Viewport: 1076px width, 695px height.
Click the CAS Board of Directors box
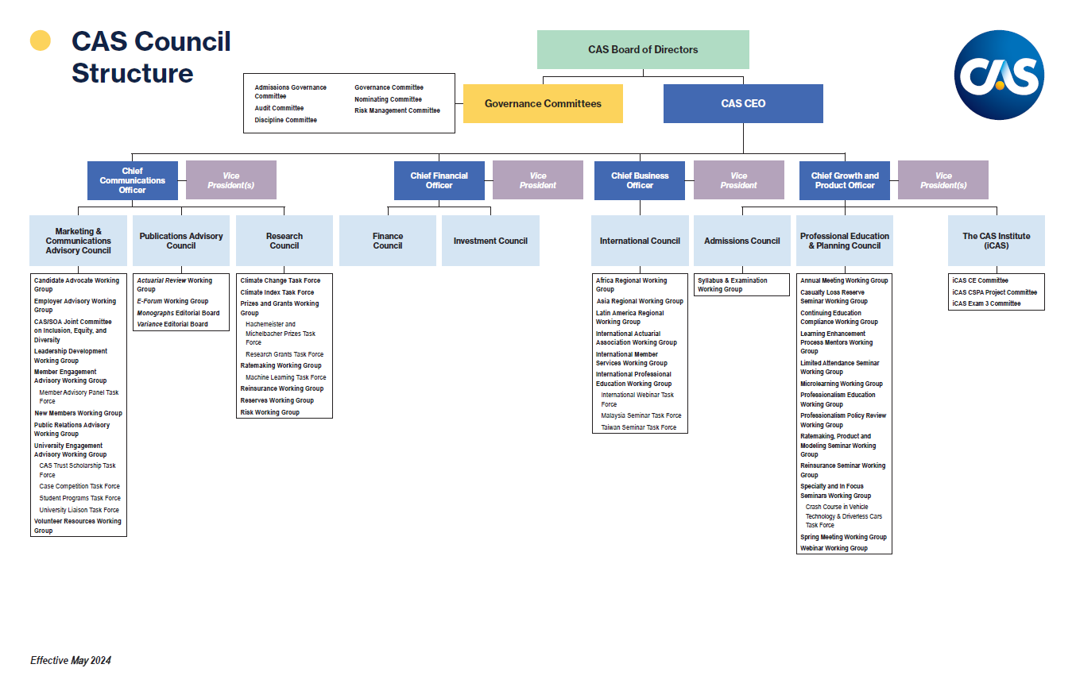click(643, 49)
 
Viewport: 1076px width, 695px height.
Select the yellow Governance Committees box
click(543, 103)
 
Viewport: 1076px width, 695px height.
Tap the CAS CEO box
click(743, 103)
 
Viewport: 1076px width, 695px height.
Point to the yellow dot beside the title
click(41, 41)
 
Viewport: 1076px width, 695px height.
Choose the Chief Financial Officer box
click(439, 180)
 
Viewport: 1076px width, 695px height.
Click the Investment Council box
click(490, 241)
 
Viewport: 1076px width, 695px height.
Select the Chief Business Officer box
click(640, 180)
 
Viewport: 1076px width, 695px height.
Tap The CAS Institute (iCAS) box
click(996, 241)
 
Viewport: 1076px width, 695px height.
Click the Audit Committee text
click(279, 108)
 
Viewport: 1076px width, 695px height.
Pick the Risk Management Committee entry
click(397, 110)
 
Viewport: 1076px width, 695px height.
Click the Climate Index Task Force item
click(277, 292)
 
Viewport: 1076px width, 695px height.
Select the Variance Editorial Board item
click(172, 324)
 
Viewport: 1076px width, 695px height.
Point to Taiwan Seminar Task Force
click(638, 427)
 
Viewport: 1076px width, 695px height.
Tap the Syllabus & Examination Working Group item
click(732, 284)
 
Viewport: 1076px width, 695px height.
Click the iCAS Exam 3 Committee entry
click(986, 303)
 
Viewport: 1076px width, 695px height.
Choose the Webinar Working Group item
click(834, 548)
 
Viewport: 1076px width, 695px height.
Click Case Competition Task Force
click(79, 486)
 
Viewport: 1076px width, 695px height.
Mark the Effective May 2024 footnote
click(71, 661)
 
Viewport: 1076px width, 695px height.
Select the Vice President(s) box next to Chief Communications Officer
click(230, 180)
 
